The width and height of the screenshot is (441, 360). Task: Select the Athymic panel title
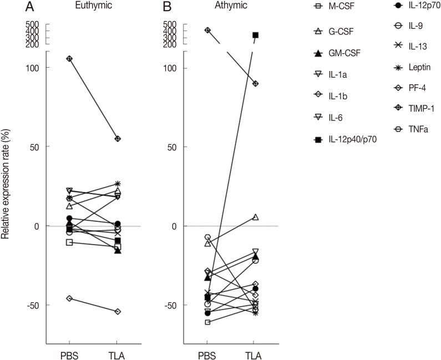click(x=232, y=6)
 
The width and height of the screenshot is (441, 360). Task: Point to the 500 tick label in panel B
click(x=170, y=24)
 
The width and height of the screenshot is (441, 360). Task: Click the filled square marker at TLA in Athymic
click(x=256, y=35)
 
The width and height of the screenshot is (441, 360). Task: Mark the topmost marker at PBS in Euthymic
click(x=70, y=59)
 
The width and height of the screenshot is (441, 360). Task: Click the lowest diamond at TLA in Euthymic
click(x=118, y=312)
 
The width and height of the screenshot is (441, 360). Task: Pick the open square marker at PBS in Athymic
click(x=207, y=322)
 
